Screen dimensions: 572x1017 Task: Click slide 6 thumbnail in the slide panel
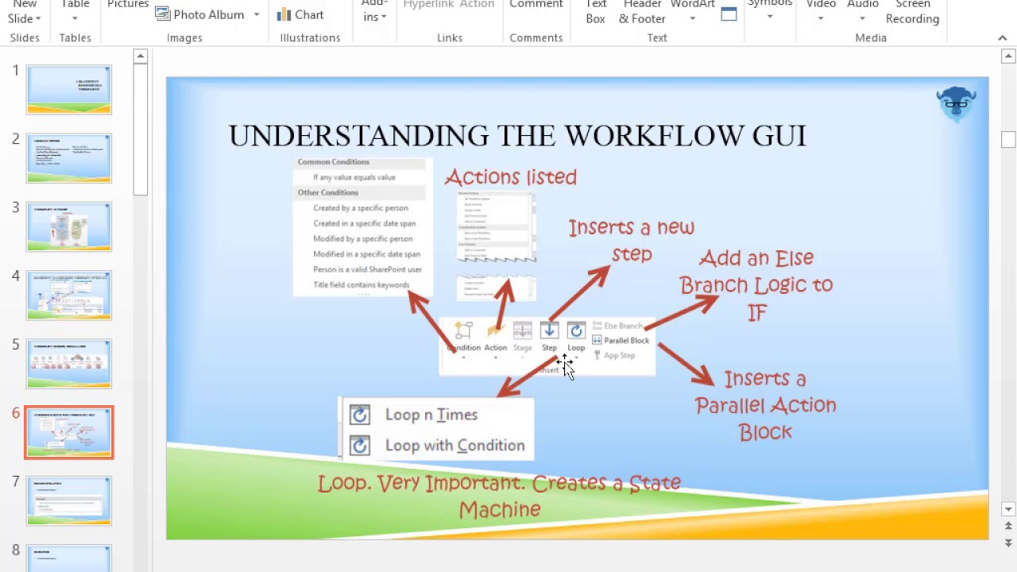coord(69,432)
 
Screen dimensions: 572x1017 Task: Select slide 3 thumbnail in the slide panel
coord(69,226)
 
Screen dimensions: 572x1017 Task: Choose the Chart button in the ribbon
coord(300,14)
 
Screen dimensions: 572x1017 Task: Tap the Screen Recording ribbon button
coord(912,13)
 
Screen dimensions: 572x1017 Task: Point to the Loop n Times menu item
coord(431,415)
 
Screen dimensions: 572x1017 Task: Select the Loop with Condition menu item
coord(454,446)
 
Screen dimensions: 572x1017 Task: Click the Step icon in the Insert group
coord(549,330)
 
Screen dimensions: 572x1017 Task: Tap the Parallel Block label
coord(626,341)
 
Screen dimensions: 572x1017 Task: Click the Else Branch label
coord(623,326)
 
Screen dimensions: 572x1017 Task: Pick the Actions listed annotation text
coord(510,177)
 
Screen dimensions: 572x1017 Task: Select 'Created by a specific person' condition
coord(360,208)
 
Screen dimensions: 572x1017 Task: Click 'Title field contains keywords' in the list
coord(361,285)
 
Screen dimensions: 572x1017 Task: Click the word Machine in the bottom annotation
coord(499,509)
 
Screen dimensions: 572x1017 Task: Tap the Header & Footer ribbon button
coord(642,13)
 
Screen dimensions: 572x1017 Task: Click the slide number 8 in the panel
coord(16,550)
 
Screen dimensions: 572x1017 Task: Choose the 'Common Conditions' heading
coord(333,162)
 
